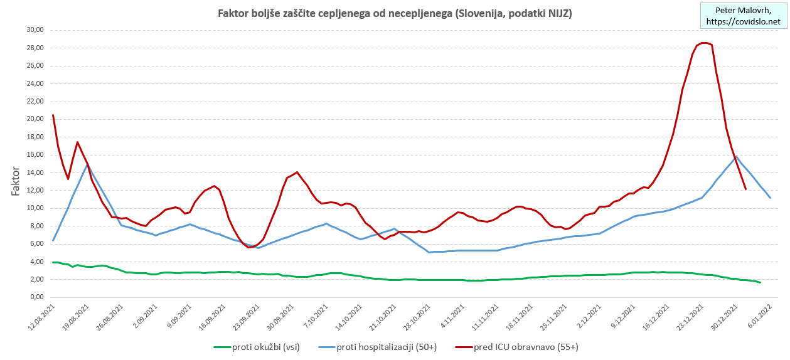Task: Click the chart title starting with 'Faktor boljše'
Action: (x=395, y=13)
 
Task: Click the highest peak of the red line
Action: (x=704, y=43)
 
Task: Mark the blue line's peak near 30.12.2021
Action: (x=735, y=156)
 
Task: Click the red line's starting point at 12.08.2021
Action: (x=53, y=115)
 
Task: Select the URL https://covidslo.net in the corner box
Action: (x=744, y=21)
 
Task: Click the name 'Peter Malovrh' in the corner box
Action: (x=744, y=10)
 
